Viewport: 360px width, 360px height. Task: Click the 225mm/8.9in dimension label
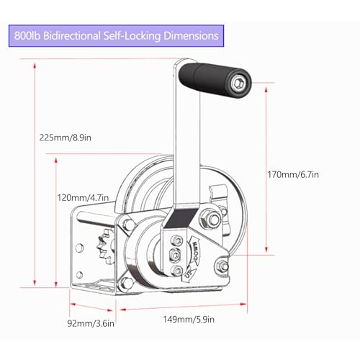(66, 138)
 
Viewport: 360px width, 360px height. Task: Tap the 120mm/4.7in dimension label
(83, 198)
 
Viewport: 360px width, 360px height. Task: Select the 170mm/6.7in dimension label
(293, 174)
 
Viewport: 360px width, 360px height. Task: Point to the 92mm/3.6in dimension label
(91, 323)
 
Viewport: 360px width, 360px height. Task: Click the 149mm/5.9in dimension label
(189, 320)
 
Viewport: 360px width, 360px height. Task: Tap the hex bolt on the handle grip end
(238, 84)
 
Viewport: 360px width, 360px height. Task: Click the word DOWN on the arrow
(195, 251)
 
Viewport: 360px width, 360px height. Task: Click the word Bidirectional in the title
(72, 36)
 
